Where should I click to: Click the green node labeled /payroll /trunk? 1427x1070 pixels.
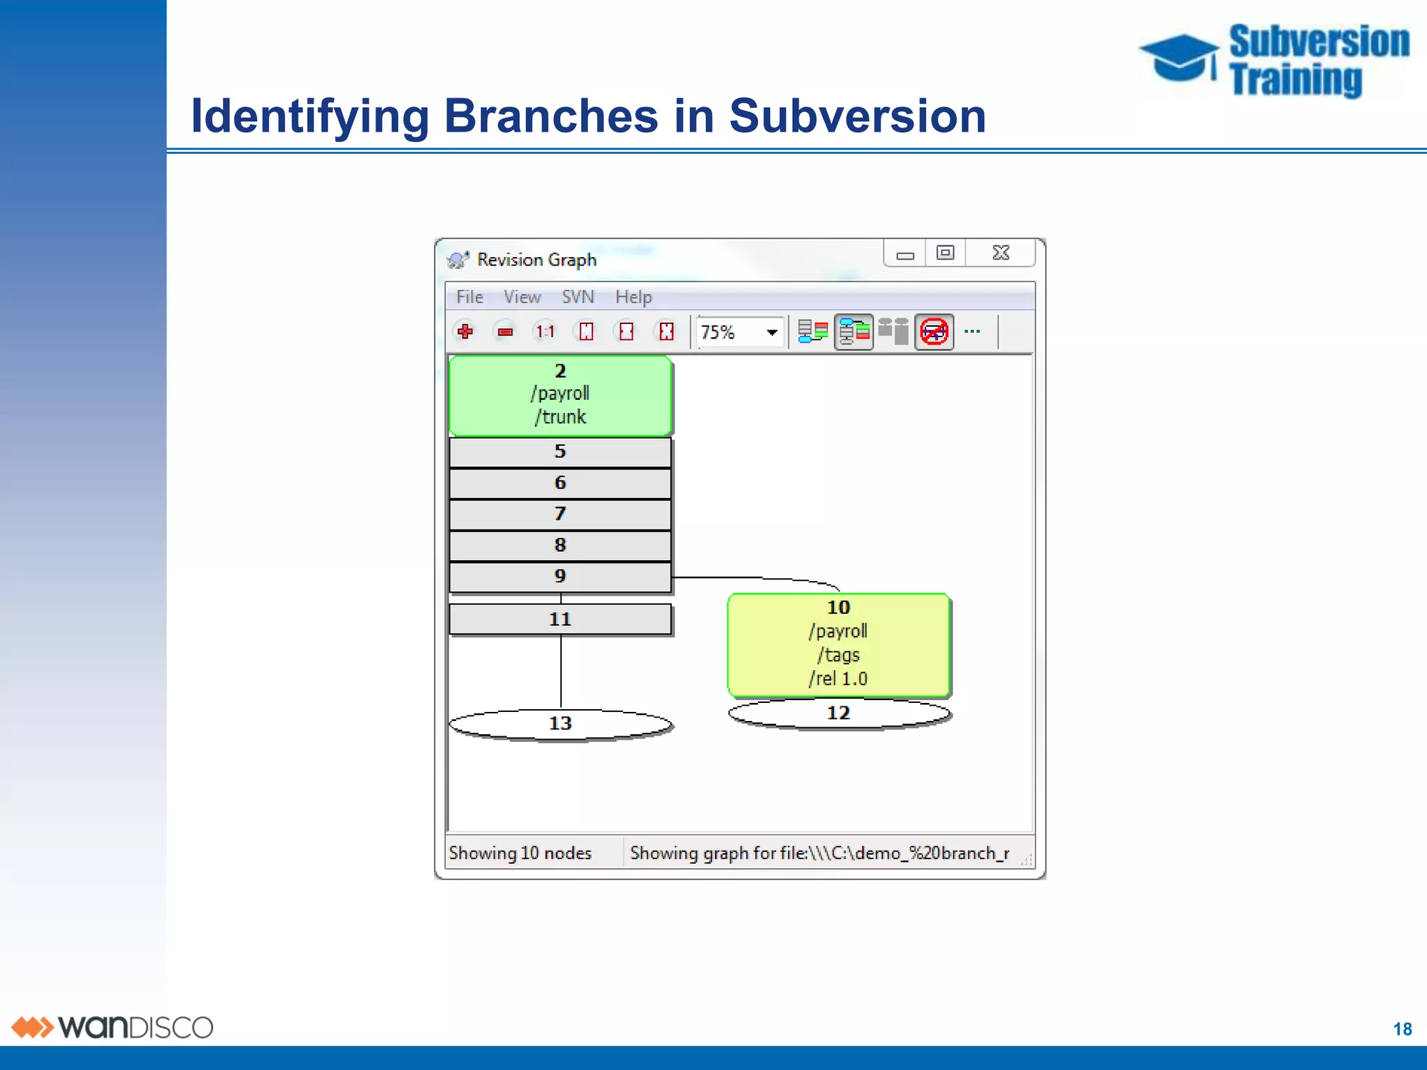coord(560,396)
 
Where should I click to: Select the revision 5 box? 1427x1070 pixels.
coord(560,452)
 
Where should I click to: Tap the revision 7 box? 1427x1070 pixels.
coord(560,514)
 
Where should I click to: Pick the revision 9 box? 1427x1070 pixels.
coord(560,577)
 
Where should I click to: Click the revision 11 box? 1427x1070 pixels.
coord(560,619)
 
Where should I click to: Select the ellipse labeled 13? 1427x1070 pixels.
coord(560,724)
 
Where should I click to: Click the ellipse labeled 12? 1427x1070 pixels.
coord(839,713)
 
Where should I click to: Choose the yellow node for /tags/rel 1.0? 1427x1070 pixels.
coord(839,644)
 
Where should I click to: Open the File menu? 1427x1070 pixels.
coord(470,297)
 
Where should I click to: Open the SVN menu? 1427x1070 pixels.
coord(578,297)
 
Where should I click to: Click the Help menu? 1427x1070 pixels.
coord(633,297)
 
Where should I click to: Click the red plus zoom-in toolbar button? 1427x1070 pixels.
coord(465,332)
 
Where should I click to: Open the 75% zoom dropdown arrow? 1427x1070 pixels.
coord(772,332)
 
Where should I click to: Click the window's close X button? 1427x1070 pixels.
coord(1001,253)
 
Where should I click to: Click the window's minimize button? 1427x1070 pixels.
coord(905,254)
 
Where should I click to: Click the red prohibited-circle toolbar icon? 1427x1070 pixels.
coord(934,332)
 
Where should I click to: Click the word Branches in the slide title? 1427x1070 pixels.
coord(550,116)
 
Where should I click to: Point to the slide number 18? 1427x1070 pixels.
coord(1402,1029)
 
